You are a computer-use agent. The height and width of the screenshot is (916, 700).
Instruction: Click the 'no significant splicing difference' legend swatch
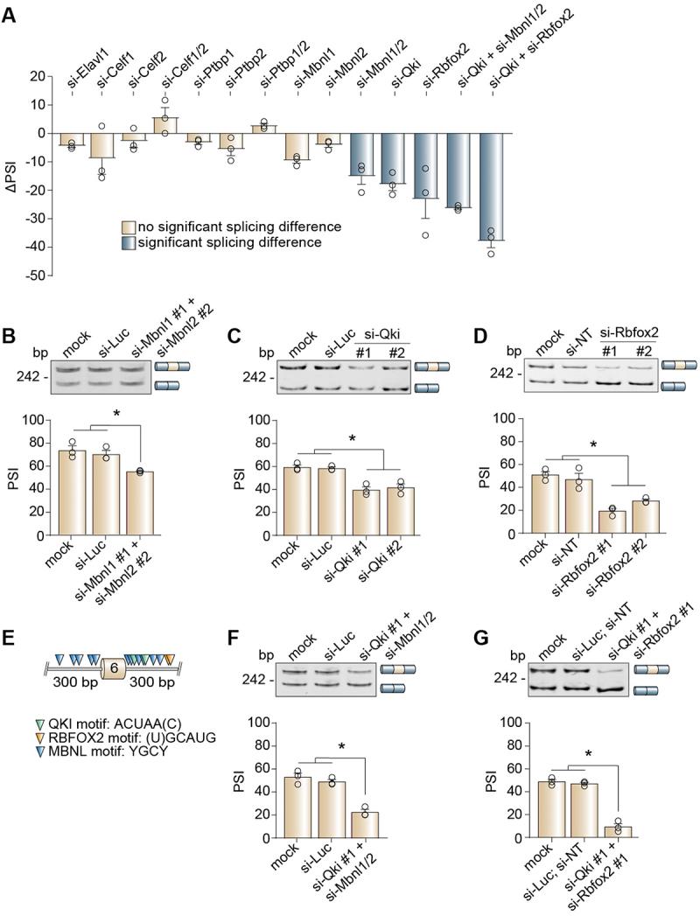(127, 227)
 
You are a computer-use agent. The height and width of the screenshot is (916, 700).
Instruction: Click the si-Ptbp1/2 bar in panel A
(261, 129)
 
